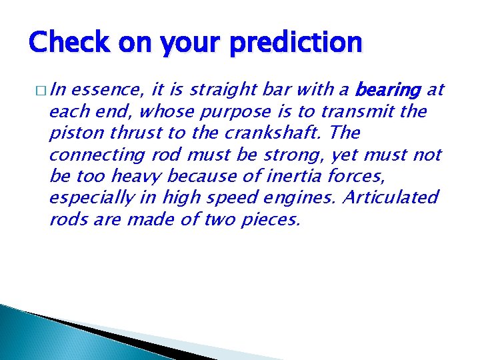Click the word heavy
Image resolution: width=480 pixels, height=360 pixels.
[137, 176]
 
